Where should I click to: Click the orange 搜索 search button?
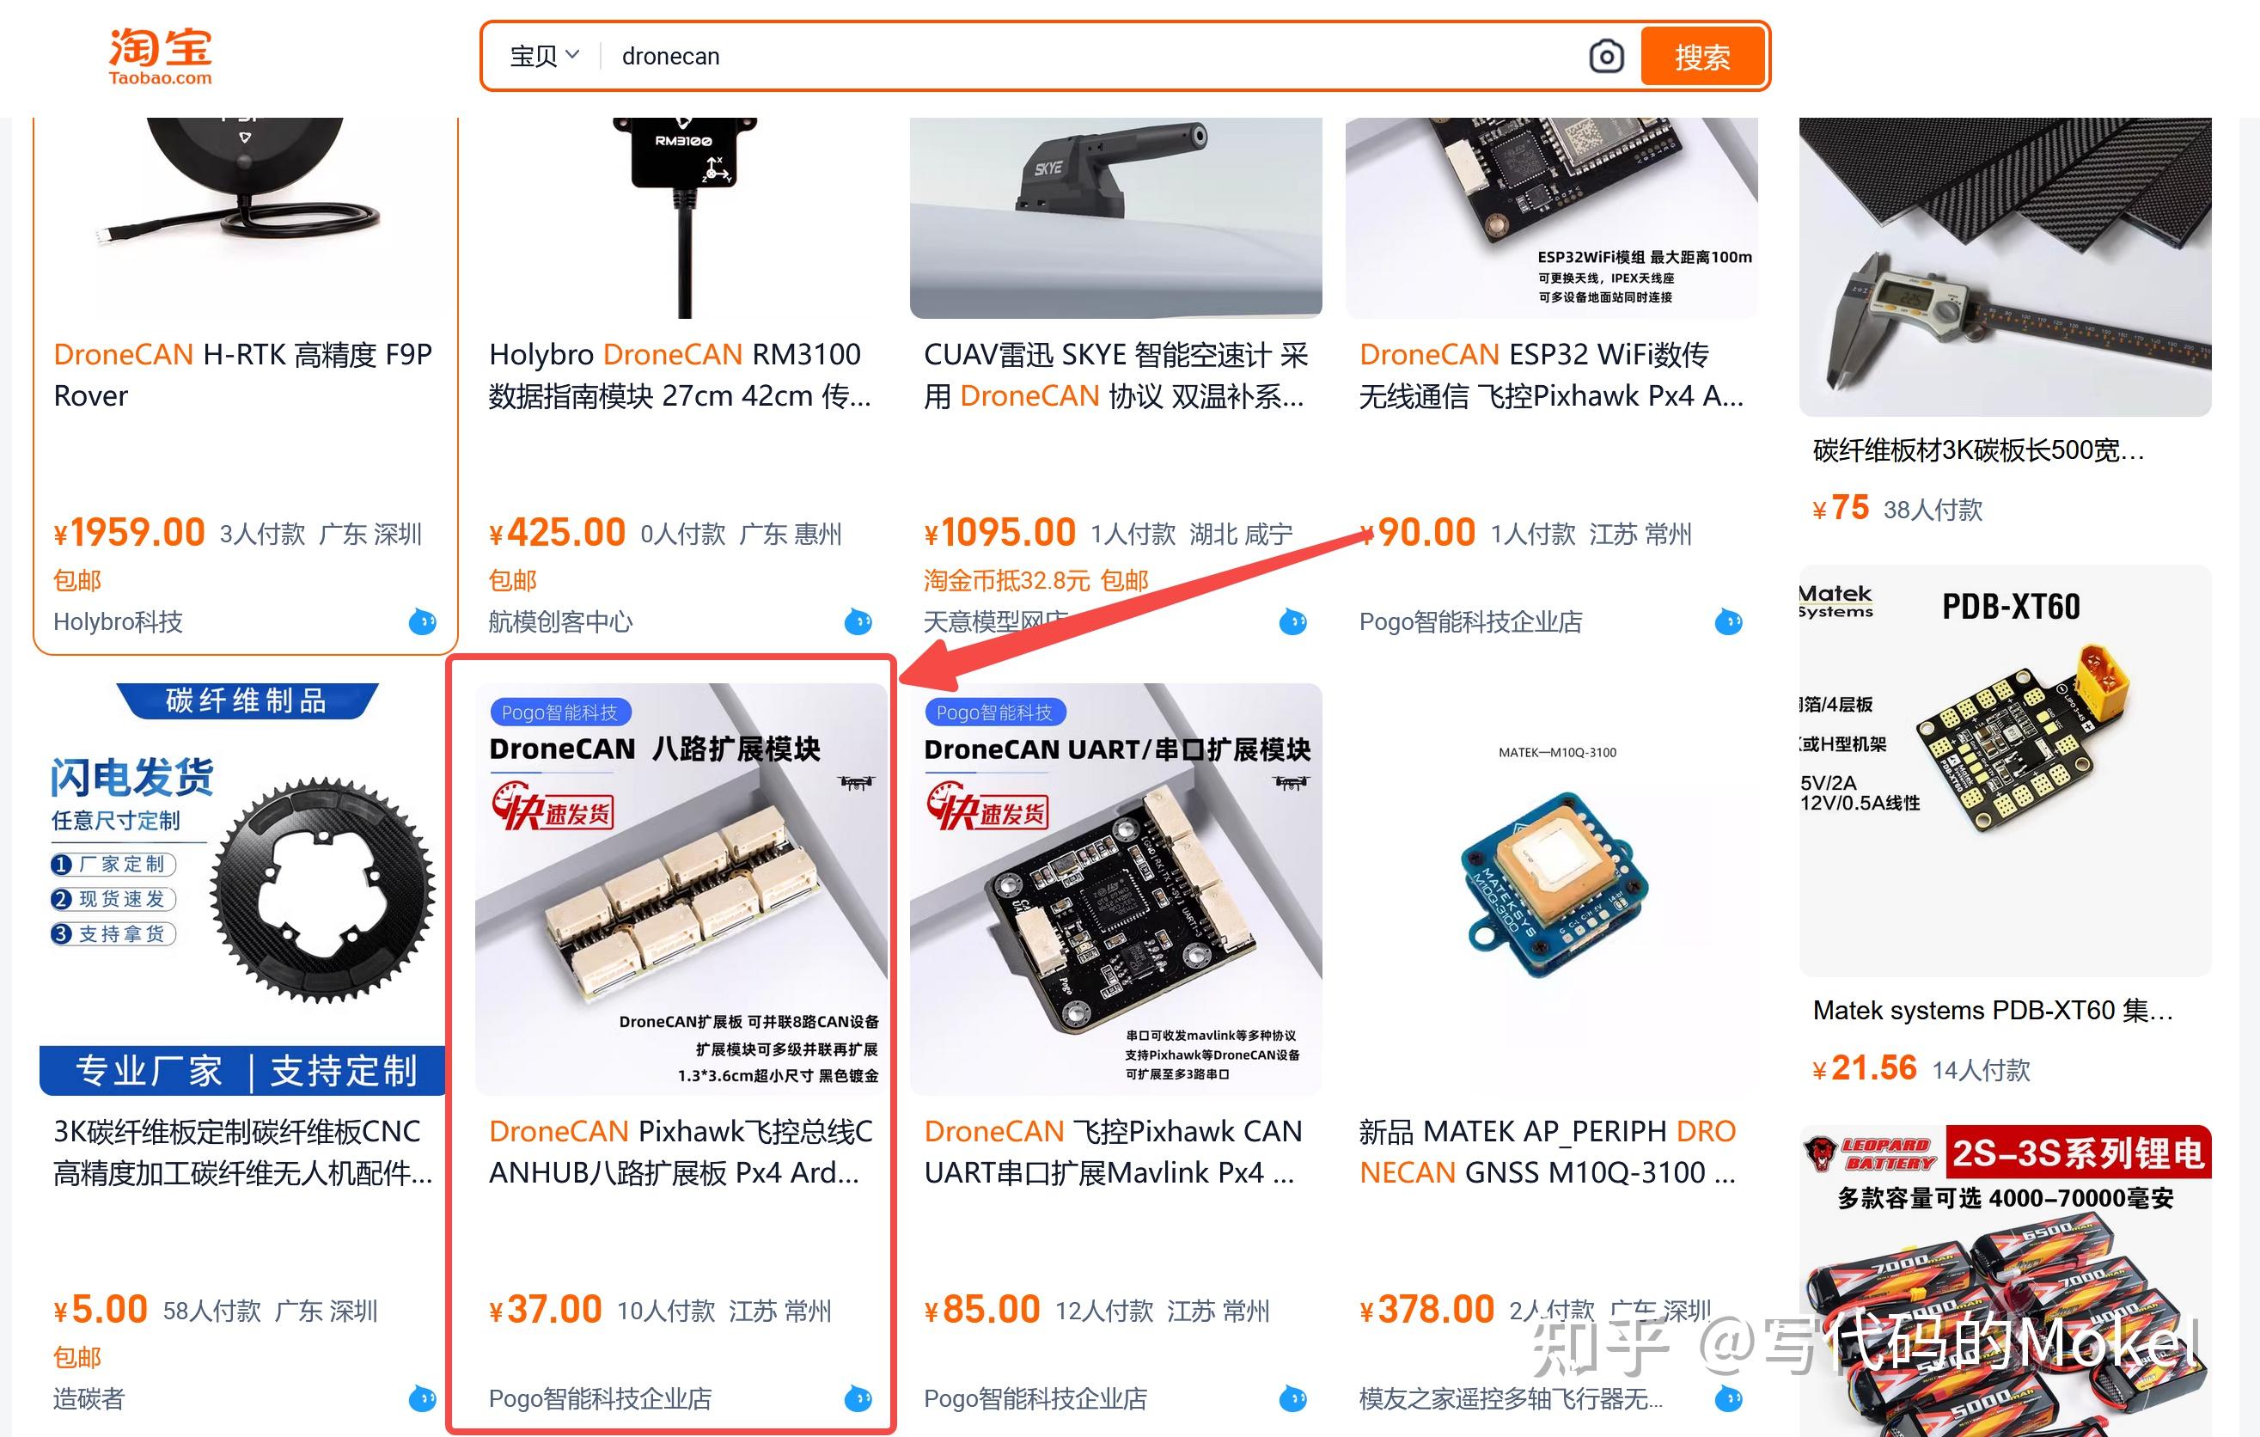[1702, 57]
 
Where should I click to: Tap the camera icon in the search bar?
[1606, 57]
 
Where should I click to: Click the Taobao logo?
[161, 57]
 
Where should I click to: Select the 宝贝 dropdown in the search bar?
[544, 57]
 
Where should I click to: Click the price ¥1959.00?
[130, 533]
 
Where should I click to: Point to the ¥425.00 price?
[558, 533]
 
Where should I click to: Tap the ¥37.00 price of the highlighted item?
[547, 1309]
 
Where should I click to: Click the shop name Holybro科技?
[119, 621]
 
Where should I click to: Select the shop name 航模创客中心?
[560, 621]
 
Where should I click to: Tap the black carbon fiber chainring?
[322, 890]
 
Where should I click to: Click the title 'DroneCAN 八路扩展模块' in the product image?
[655, 749]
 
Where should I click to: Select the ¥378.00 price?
[1427, 1309]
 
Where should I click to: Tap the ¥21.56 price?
[1865, 1068]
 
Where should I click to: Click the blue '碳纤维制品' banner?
[246, 700]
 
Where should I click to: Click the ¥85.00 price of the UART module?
[983, 1309]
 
